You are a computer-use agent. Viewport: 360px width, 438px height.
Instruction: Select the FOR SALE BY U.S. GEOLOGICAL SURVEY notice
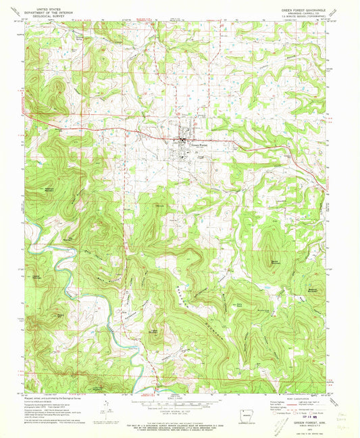pyautogui.click(x=178, y=420)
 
